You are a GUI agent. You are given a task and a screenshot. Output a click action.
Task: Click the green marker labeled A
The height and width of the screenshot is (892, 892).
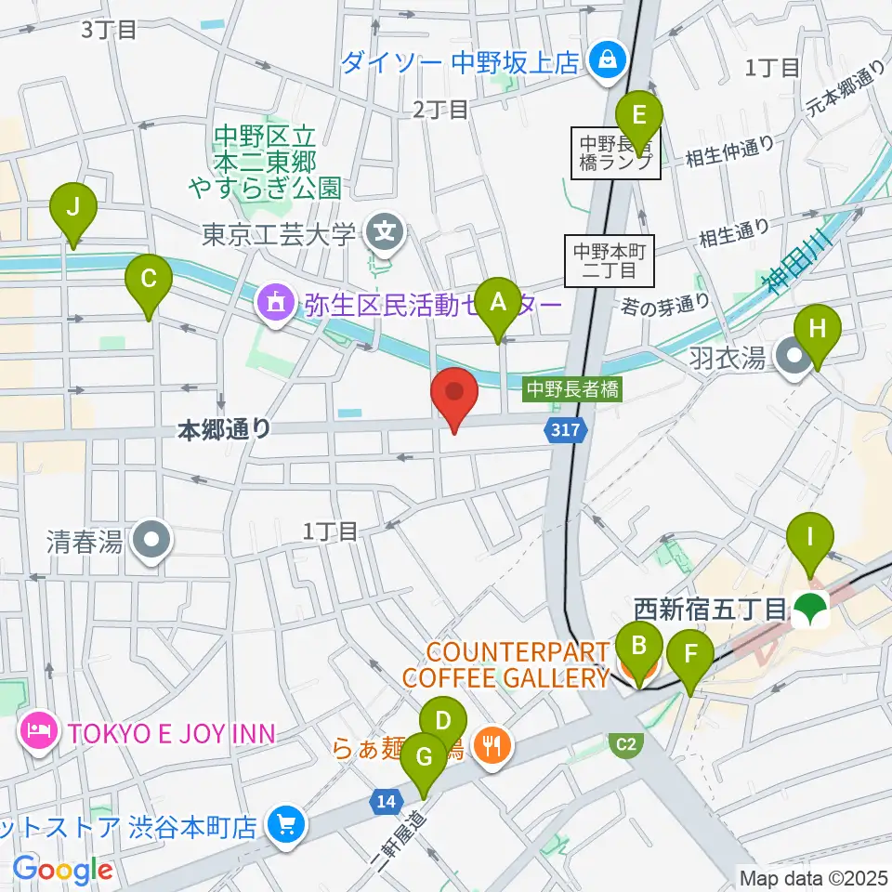[498, 302]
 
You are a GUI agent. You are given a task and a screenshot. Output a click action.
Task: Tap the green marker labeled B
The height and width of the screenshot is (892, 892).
[639, 647]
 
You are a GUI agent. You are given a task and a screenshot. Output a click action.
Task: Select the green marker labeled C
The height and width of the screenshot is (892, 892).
[149, 279]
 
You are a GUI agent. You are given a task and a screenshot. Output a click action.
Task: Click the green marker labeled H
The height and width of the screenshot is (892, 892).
[817, 330]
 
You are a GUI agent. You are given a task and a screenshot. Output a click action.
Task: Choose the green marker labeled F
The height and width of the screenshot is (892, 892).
[689, 655]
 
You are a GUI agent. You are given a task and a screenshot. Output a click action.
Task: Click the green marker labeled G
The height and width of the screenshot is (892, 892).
[426, 757]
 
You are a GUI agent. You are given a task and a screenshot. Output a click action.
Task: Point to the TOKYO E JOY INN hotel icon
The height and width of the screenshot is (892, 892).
[37, 734]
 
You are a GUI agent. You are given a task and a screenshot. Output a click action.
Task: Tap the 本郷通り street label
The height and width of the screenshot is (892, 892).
[224, 429]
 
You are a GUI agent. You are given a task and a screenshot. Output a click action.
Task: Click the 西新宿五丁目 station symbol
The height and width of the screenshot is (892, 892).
[813, 610]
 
